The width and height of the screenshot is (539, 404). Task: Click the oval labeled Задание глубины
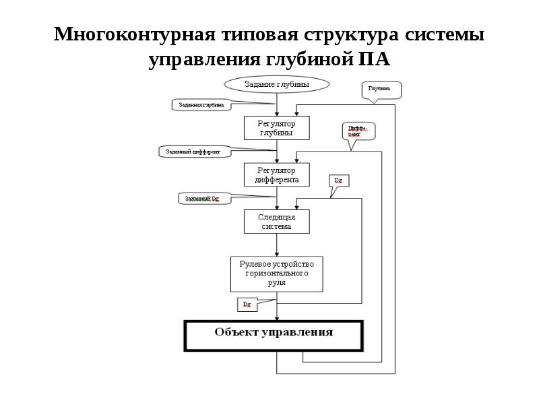coord(276,84)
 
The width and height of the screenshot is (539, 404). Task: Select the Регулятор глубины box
coord(276,128)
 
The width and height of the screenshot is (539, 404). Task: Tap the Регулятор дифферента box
coord(276,175)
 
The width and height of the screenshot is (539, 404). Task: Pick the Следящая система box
coord(276,222)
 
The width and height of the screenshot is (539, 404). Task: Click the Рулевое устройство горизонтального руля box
coord(276,273)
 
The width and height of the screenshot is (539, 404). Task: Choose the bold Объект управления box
coord(274,335)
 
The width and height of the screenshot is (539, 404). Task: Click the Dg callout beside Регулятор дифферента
coord(339,180)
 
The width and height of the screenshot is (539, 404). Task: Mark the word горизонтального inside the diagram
coord(276,273)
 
